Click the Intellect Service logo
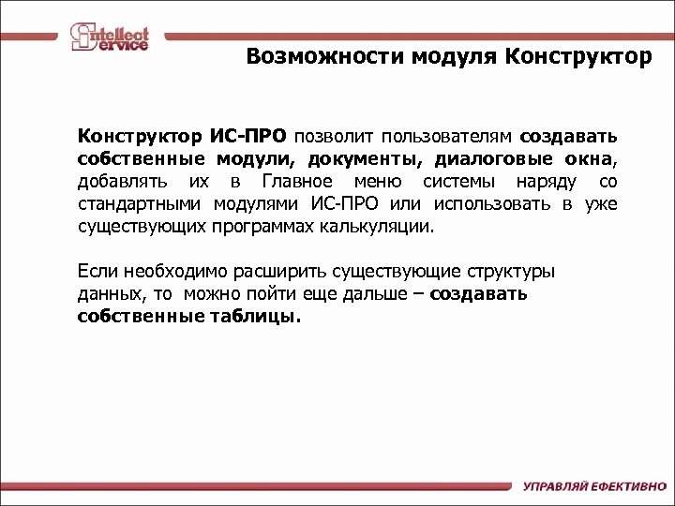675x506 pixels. [110, 37]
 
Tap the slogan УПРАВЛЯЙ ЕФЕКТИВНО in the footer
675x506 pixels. [592, 487]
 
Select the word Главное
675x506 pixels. [295, 181]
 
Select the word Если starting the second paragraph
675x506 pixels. [96, 272]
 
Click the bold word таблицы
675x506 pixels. [254, 317]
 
